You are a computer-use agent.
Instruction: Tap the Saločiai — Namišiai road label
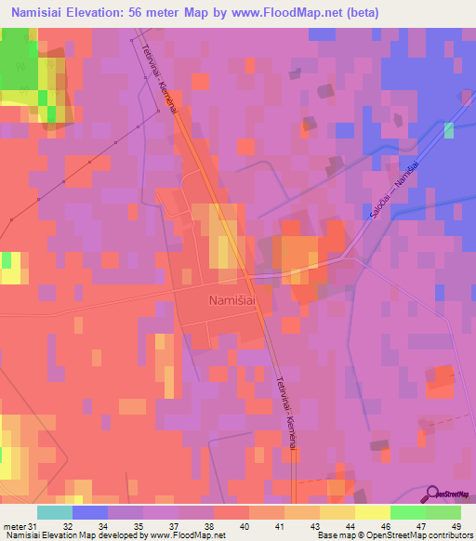[391, 191]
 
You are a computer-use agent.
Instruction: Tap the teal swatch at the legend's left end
[55, 512]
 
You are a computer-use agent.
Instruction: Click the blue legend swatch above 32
[90, 512]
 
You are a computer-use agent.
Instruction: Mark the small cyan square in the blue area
[450, 130]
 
